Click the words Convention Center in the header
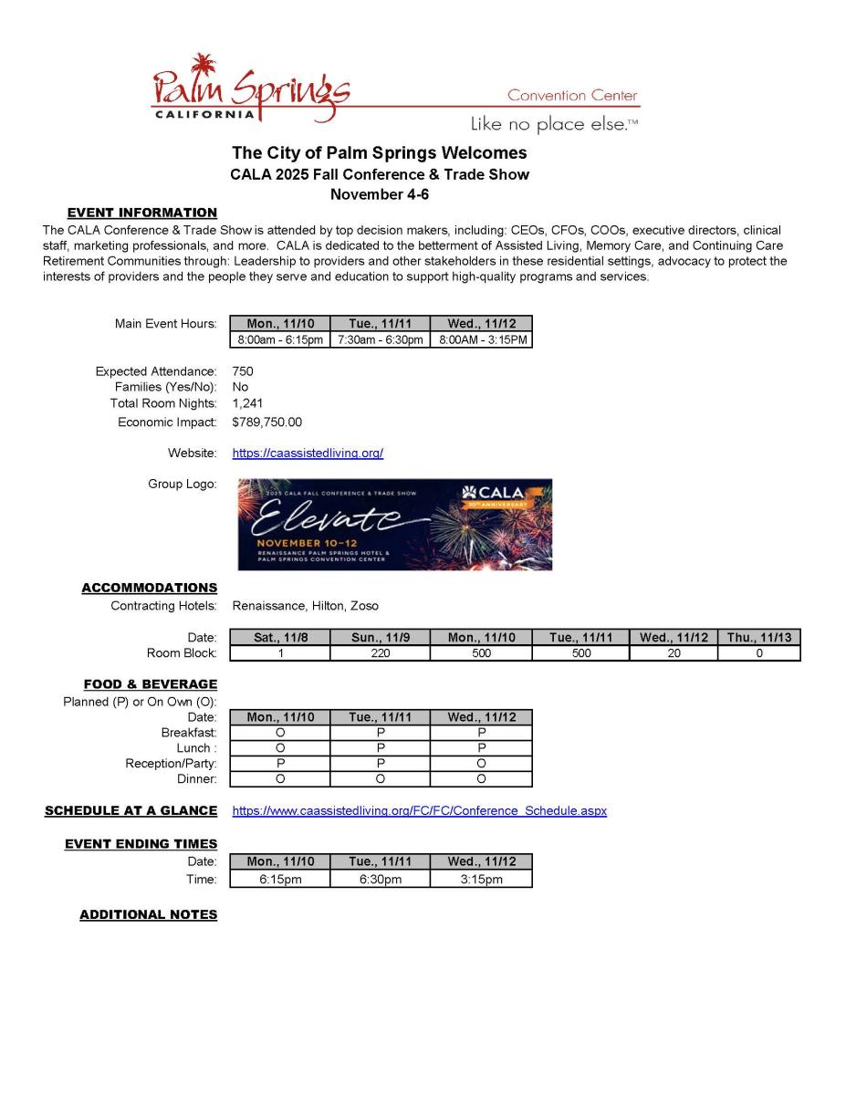(x=572, y=96)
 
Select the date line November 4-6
(x=379, y=194)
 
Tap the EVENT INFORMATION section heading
(x=142, y=213)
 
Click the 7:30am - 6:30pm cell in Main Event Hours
(x=380, y=340)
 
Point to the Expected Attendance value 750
(x=243, y=371)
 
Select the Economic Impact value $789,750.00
(x=267, y=422)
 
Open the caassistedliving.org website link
(x=308, y=453)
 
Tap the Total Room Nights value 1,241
(x=247, y=403)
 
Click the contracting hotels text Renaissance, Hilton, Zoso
(x=305, y=606)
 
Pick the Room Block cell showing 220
(x=380, y=653)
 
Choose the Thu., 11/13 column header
(x=759, y=638)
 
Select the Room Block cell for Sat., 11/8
(x=279, y=653)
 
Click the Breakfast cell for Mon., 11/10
(x=280, y=733)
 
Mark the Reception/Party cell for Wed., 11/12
(x=481, y=764)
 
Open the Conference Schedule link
(x=419, y=810)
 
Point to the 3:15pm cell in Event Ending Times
(x=481, y=880)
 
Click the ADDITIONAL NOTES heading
(x=148, y=914)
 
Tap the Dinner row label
(x=196, y=779)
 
